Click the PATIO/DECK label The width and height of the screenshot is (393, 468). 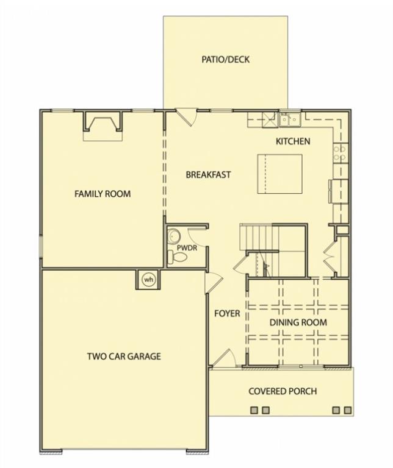point(225,59)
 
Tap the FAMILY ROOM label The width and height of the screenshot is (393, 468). point(103,194)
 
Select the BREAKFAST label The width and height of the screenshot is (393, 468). point(208,175)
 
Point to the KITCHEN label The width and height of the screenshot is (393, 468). point(293,141)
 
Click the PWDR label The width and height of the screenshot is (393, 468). point(187,248)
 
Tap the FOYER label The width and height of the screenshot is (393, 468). point(227,313)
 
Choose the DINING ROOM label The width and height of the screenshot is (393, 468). point(298,322)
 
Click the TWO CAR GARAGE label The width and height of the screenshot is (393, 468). point(124,356)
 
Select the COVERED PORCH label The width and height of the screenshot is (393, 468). point(283,391)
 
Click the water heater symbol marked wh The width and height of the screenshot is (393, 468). point(148,280)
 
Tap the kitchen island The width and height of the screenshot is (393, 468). point(279,174)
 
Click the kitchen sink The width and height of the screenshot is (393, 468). point(290,119)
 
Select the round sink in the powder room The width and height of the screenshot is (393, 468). point(173,236)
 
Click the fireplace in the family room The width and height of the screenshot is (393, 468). point(103,126)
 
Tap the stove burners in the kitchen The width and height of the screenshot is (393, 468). point(341,152)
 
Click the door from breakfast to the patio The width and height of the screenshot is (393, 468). point(186,117)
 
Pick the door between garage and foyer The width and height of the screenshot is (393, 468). point(214,283)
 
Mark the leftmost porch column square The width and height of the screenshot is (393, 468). point(254,410)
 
